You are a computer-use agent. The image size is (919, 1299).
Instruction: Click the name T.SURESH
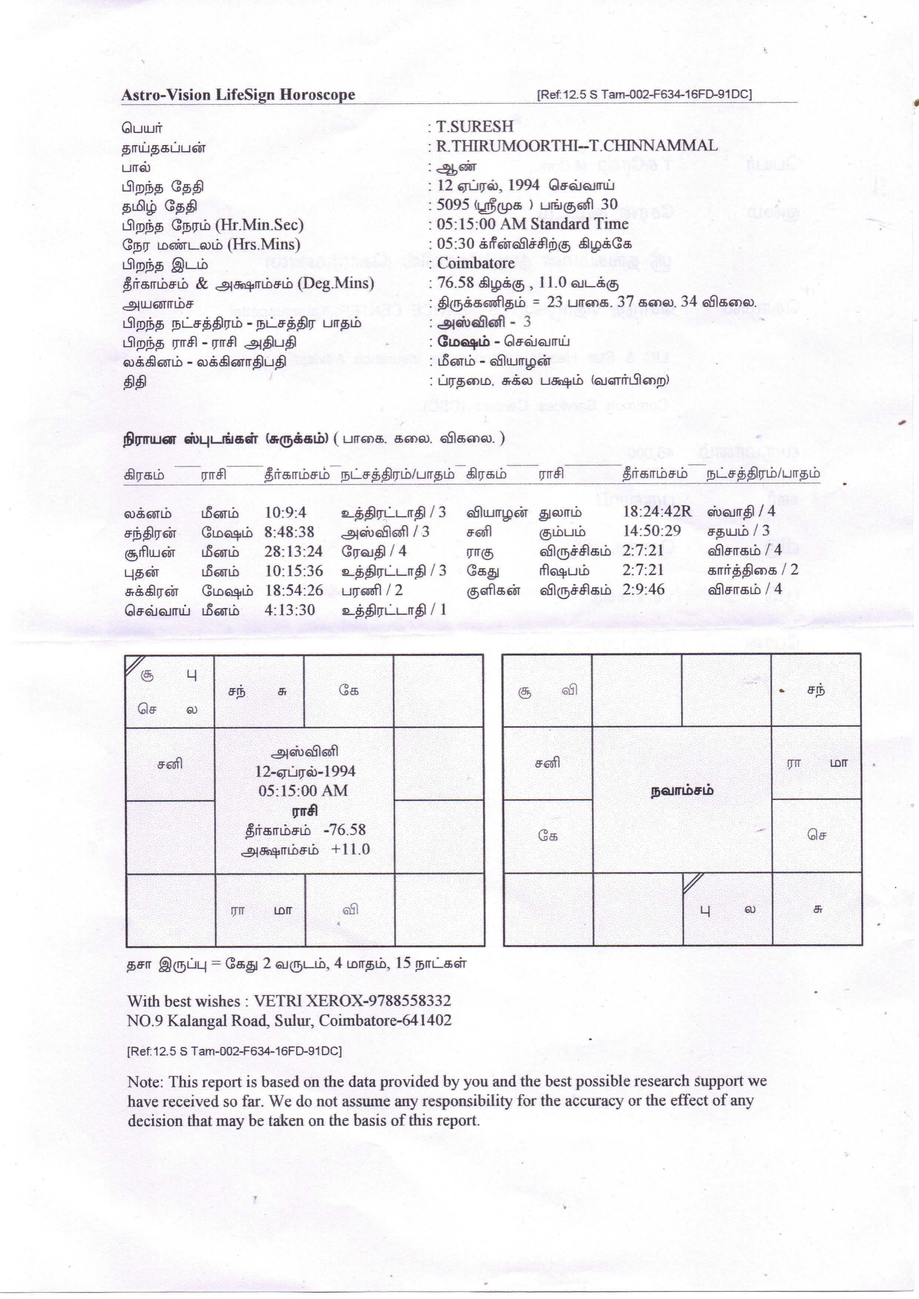[474, 126]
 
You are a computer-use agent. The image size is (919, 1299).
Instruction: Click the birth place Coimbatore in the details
[475, 263]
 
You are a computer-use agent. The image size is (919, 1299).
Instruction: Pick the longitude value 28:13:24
[293, 552]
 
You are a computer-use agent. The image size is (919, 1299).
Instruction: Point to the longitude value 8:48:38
[289, 532]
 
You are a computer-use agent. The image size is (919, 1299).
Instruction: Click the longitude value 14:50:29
[651, 531]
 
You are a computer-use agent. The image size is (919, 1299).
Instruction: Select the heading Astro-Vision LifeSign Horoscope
[238, 95]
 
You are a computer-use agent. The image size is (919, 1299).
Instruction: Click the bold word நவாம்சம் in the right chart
[681, 791]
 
